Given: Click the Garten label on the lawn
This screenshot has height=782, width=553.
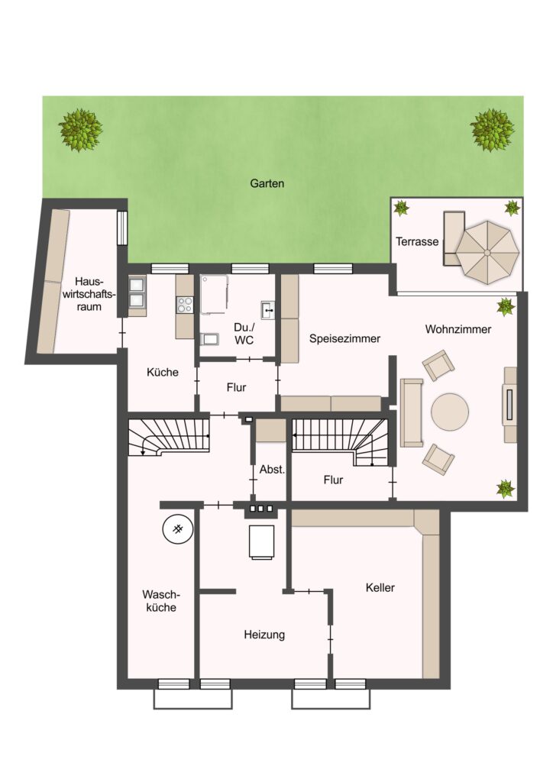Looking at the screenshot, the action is coord(267,183).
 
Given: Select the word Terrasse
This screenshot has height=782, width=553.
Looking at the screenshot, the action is coord(417,242).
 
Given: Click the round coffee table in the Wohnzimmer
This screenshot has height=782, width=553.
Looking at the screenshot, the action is coord(450,412).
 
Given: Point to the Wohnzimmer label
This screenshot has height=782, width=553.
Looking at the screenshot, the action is coord(458,329).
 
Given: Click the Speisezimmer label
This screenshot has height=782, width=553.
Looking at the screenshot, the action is coord(344,338).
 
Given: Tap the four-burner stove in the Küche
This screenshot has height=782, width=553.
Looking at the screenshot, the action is coord(185,305).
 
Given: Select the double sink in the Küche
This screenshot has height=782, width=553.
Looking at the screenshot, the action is coord(137,292).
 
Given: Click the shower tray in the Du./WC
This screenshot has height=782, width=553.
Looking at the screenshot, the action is coord(215,294).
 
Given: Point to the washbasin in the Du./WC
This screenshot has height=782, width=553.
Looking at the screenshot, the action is coord(268,310).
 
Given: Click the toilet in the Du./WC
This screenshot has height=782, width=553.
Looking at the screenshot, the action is coord(209,339).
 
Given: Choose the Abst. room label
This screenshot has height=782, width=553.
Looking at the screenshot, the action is coord(272,470).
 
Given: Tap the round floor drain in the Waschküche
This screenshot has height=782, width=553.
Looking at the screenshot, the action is coord(177,529).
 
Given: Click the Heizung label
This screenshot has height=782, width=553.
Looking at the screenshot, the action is coord(264,635).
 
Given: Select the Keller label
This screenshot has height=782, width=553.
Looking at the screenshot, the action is coord(380,587).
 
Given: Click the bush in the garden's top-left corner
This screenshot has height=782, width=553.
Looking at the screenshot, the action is coord(80,130).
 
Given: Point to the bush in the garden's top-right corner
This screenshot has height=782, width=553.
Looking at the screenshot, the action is coord(493,130).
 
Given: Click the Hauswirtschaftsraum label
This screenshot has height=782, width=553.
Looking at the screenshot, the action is coord(89,294).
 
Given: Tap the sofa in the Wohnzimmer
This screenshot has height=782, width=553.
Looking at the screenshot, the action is coord(412,412).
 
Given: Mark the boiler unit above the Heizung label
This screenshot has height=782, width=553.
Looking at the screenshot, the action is coord(261,541).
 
